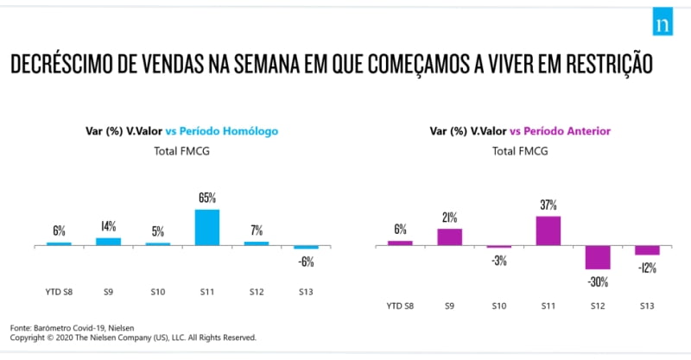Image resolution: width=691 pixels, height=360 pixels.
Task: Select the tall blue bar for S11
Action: coord(206,227)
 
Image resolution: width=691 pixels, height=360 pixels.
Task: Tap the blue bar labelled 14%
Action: coord(108,241)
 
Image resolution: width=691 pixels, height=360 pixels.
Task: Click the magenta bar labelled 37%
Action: coord(548,231)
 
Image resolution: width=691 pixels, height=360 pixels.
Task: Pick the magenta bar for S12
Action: coord(597,257)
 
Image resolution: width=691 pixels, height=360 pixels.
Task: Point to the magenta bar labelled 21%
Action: coord(449,237)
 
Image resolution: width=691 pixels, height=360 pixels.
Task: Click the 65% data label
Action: coord(207,198)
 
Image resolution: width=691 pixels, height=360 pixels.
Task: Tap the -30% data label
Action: coord(598,281)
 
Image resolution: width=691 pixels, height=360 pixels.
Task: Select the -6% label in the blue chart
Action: coord(306,262)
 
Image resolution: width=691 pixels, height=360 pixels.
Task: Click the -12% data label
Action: coord(647,267)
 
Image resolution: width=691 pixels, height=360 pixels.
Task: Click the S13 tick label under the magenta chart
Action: coord(647,306)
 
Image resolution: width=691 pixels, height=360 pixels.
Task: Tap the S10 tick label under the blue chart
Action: coord(158,292)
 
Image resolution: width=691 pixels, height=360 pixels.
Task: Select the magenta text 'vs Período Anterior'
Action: coord(561,131)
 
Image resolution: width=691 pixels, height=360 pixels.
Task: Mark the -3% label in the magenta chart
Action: coord(498,260)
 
